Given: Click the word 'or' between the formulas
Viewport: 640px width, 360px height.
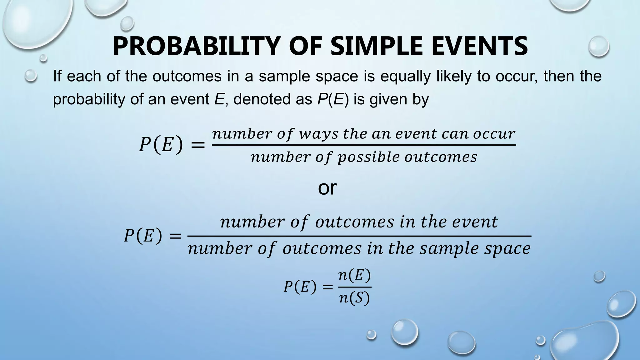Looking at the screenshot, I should pyautogui.click(x=327, y=188).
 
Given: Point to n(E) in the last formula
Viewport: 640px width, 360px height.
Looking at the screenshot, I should pyautogui.click(x=355, y=276).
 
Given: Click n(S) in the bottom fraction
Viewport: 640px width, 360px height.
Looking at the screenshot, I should pyautogui.click(x=355, y=298).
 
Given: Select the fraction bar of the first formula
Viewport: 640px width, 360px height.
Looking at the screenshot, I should pyautogui.click(x=364, y=145).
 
